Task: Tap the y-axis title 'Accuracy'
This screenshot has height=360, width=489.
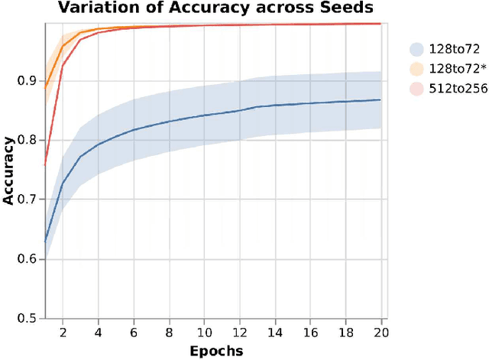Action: coord(8,170)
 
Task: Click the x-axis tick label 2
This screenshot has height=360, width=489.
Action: coord(63,332)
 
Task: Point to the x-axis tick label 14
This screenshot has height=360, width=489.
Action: coord(274,332)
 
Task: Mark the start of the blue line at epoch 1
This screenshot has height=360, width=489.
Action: coord(45,242)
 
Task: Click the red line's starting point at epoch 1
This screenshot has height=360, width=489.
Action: coord(45,164)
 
